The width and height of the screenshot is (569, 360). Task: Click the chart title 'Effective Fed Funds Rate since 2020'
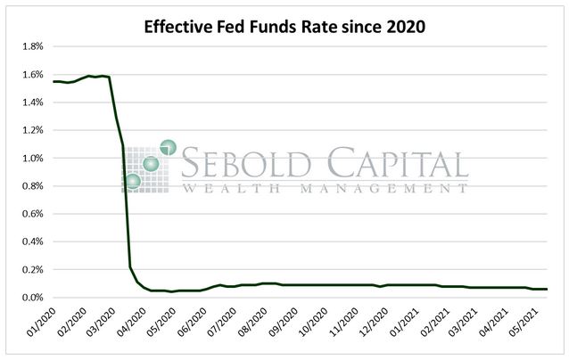click(284, 27)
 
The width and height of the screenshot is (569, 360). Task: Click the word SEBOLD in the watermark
click(246, 165)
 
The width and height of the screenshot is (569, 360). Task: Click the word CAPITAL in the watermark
click(394, 165)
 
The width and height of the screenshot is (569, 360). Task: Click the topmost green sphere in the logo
click(168, 148)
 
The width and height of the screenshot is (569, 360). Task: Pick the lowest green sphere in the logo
click(134, 182)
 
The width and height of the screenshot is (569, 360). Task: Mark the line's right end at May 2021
click(547, 289)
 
